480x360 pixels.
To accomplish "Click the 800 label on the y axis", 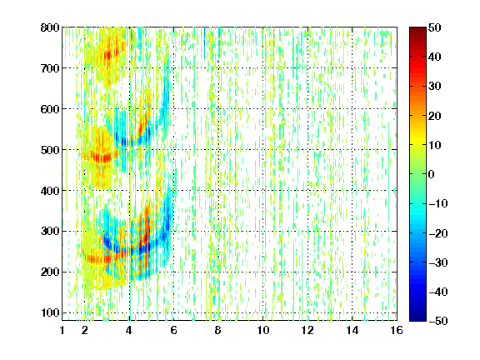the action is tap(50, 27).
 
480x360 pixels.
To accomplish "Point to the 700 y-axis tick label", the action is tap(50, 68).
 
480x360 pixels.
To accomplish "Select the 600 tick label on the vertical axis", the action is tap(50, 109).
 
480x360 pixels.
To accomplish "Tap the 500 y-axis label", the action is tap(50, 150).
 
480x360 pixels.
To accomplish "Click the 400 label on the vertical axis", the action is tap(50, 190).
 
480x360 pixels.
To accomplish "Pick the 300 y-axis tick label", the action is tap(50, 231).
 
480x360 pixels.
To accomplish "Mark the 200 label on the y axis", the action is tap(50, 272).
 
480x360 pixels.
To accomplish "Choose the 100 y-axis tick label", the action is tap(50, 312).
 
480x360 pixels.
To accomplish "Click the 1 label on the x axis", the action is tap(62, 330).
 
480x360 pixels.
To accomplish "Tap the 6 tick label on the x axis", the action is tap(173, 330).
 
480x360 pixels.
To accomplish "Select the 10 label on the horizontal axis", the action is tap(262, 330).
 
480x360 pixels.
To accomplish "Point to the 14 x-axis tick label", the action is tap(352, 330).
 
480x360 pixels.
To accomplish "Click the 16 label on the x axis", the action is tap(397, 330).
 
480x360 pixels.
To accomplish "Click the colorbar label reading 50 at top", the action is tap(434, 27).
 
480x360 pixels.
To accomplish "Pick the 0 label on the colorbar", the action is tap(432, 174).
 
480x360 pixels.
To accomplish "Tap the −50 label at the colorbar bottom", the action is tap(438, 321).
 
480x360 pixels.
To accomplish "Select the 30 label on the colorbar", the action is tap(434, 87).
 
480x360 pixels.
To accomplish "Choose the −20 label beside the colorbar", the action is tap(438, 233).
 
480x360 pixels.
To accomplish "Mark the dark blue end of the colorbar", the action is tap(417, 318).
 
